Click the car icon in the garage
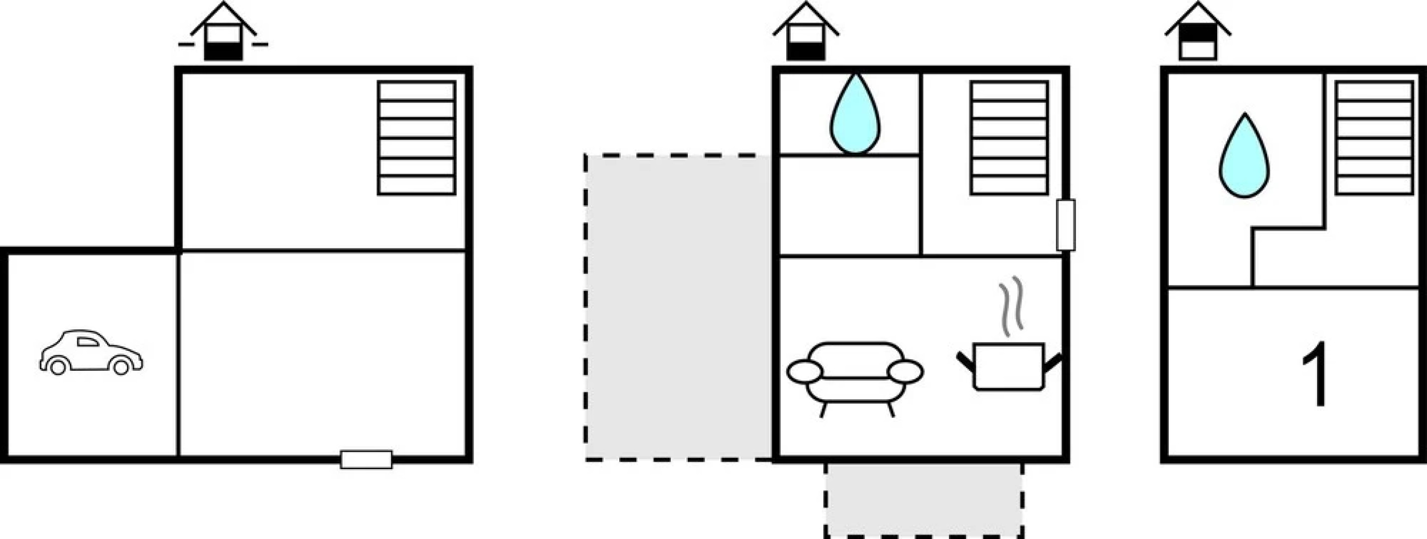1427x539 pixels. pyautogui.click(x=91, y=352)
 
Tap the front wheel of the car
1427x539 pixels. pyautogui.click(x=121, y=366)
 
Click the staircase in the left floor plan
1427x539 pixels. pyautogui.click(x=417, y=138)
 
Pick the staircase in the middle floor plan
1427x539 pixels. pyautogui.click(x=1009, y=138)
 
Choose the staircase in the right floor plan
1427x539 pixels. pyautogui.click(x=1374, y=138)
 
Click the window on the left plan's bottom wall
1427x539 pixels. pyautogui.click(x=366, y=459)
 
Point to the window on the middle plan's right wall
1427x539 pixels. pyautogui.click(x=1066, y=225)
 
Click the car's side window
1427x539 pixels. pyautogui.click(x=87, y=342)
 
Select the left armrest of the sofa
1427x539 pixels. pyautogui.click(x=804, y=371)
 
